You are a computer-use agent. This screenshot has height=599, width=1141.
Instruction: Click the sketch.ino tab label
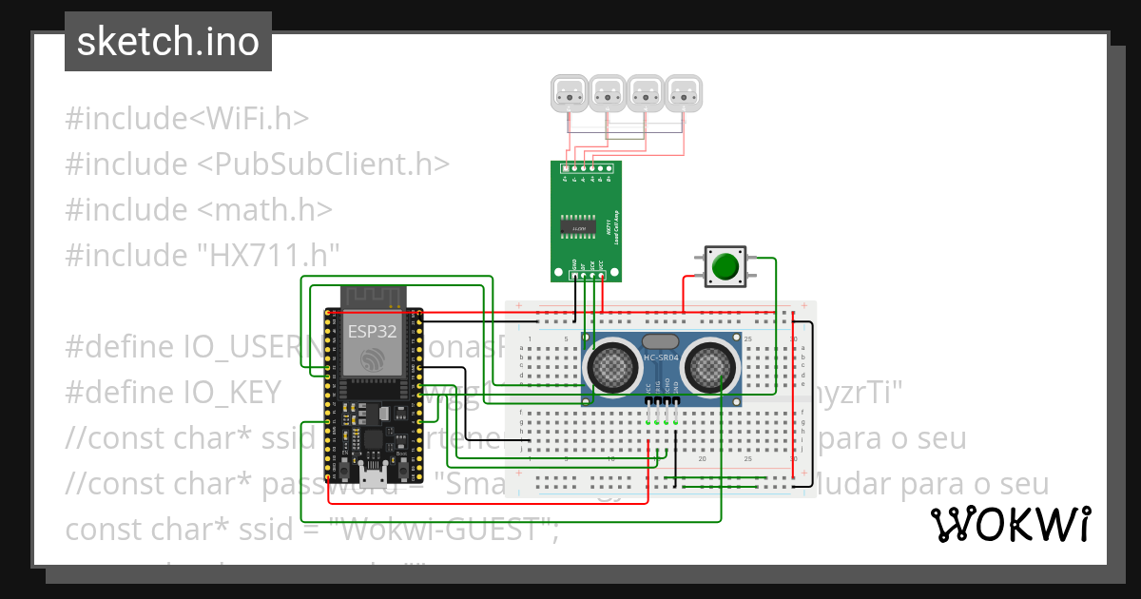pyautogui.click(x=168, y=42)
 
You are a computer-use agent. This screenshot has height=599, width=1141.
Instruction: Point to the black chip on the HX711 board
pyautogui.click(x=574, y=228)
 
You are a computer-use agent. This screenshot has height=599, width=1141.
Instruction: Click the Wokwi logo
pyautogui.click(x=1010, y=524)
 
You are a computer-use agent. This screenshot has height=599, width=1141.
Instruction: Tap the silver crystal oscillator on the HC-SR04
pyautogui.click(x=661, y=341)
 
